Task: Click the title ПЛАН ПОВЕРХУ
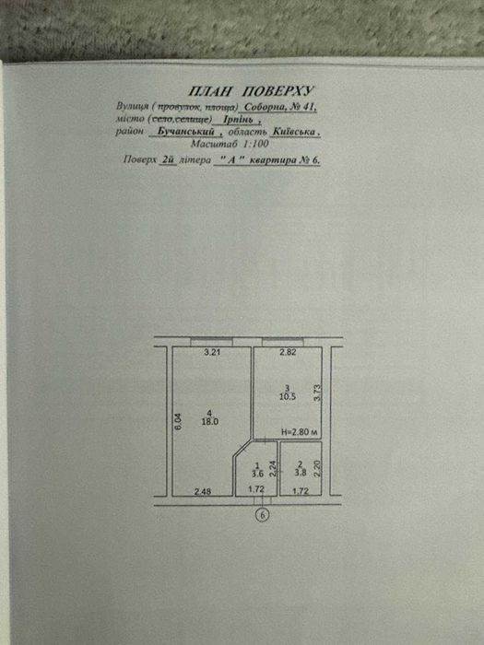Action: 251,91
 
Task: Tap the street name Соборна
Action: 261,107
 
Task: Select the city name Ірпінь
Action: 238,120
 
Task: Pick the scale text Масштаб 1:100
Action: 230,144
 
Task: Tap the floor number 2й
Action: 167,160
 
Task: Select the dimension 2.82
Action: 288,352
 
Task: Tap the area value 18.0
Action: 210,422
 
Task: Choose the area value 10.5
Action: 288,396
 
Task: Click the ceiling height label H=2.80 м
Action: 300,432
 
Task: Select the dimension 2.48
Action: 203,491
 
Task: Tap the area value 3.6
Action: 257,473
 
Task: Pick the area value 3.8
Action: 300,473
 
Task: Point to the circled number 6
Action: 263,514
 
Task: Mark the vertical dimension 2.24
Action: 272,468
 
